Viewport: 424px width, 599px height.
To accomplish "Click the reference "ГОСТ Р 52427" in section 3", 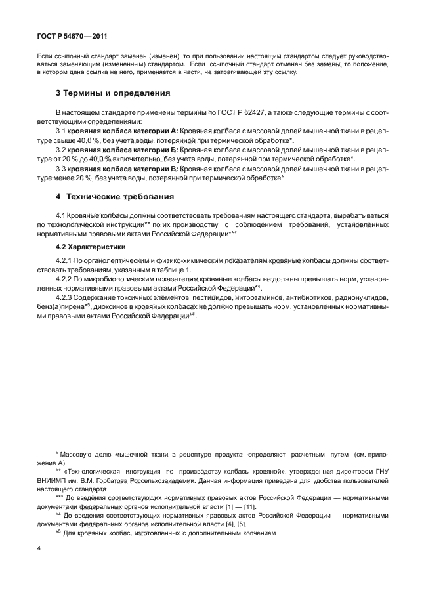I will tap(231, 114).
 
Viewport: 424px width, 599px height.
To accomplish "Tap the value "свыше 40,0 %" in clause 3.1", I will tap(70, 141).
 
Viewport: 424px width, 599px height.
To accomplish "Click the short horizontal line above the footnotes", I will tap(57, 446).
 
